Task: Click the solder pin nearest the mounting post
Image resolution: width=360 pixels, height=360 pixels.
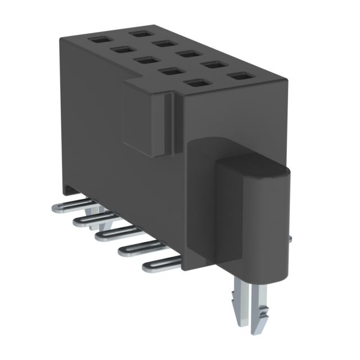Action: coord(160,264)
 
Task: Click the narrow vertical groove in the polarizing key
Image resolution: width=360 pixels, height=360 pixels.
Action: coord(167,123)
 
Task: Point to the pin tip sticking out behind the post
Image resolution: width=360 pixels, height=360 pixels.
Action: coord(290,239)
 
